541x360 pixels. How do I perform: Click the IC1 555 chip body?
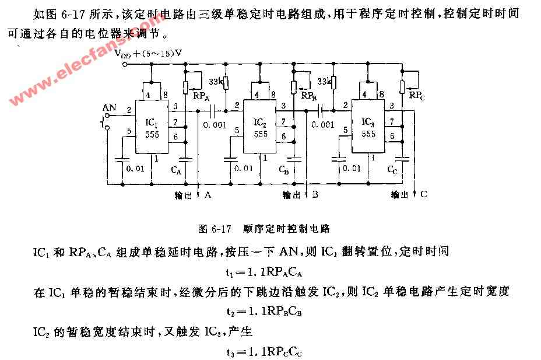[x=152, y=127]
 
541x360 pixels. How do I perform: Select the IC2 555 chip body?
[x=260, y=127]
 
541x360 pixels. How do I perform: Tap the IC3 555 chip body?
[x=368, y=126]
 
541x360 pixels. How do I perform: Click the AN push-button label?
[x=110, y=107]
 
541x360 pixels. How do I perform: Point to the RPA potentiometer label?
[x=201, y=96]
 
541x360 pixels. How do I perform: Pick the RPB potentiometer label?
[x=309, y=96]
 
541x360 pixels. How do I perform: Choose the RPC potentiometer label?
[x=417, y=95]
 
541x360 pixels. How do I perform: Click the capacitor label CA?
[x=176, y=170]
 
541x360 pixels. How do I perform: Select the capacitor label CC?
[x=392, y=169]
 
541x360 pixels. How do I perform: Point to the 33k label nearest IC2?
[x=216, y=82]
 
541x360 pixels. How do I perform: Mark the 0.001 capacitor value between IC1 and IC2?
[x=215, y=125]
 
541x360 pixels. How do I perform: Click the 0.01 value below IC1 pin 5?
[x=135, y=169]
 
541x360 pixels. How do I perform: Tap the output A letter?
[x=208, y=195]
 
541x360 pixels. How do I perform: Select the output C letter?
[x=424, y=194]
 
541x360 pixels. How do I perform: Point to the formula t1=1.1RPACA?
[x=264, y=272]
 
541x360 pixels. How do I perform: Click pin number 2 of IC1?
[x=129, y=110]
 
